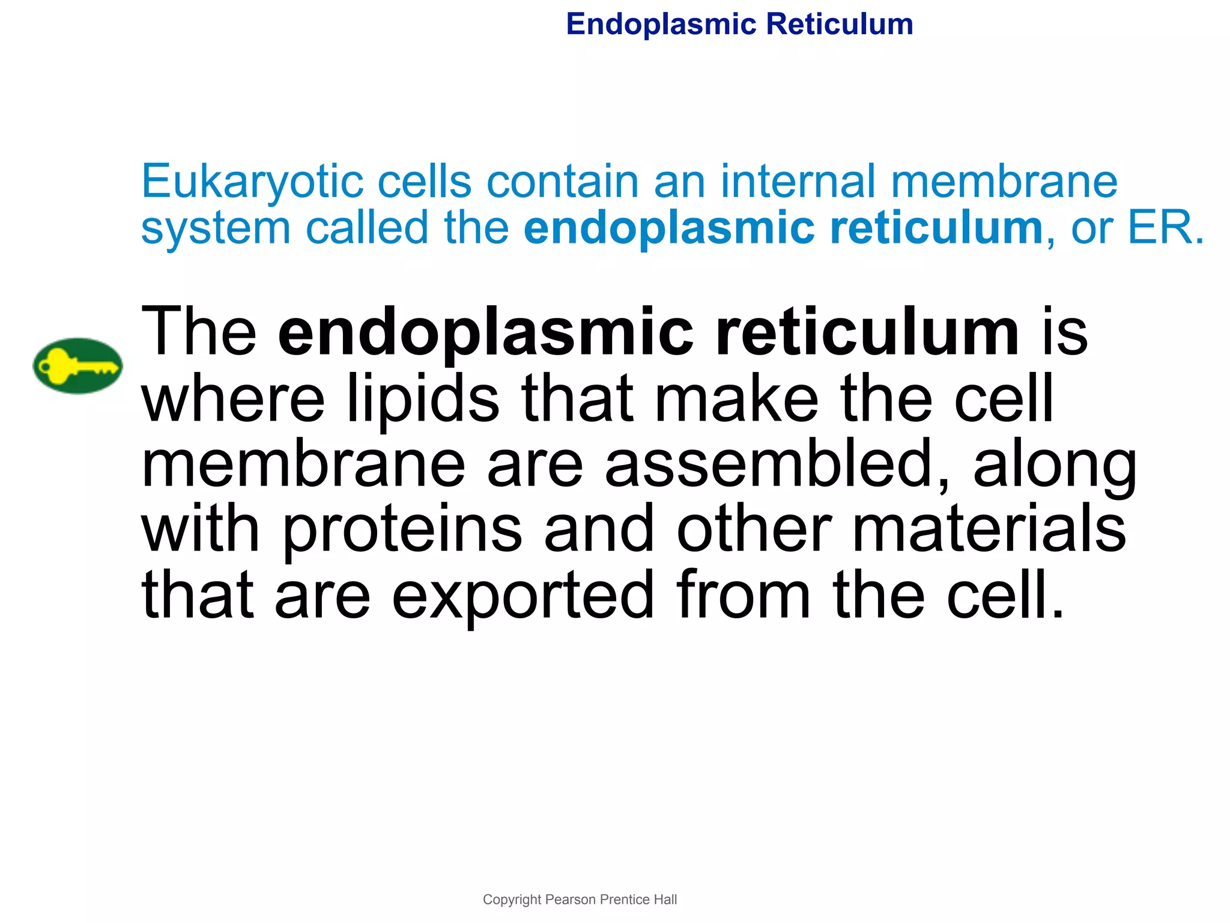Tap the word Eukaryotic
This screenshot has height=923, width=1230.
[252, 182]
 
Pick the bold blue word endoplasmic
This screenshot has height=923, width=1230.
[668, 229]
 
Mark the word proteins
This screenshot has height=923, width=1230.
[402, 531]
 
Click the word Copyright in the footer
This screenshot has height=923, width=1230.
[512, 900]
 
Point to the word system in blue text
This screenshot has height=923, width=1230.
[216, 229]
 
